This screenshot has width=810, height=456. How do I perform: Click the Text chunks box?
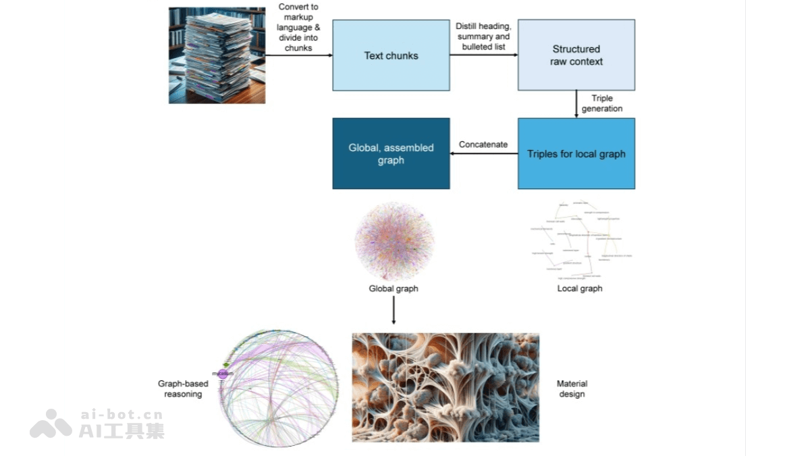tap(391, 55)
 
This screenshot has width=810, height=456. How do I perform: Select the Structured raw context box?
tap(576, 55)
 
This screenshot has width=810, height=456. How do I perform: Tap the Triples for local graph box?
tap(576, 153)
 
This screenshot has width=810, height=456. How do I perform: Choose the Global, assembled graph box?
tap(391, 153)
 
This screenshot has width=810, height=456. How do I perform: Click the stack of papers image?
tap(217, 55)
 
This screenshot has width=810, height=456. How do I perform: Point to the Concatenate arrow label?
tap(483, 145)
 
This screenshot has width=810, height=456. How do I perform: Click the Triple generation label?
tap(601, 103)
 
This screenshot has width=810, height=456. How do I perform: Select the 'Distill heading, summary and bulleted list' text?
tap(483, 36)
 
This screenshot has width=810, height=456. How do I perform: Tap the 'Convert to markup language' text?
tap(298, 27)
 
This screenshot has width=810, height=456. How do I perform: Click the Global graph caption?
tap(394, 288)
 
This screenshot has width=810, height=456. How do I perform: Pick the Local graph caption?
tap(579, 288)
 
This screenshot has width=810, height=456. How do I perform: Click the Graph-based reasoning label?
tap(183, 388)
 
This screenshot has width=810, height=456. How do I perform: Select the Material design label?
tap(572, 388)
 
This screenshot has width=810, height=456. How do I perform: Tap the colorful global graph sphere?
tap(394, 241)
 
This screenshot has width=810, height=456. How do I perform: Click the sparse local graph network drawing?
tap(579, 240)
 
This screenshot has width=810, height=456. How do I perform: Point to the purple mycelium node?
tap(223, 374)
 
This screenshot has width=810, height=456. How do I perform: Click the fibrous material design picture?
tap(446, 387)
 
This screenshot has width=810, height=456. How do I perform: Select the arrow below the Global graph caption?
tap(394, 311)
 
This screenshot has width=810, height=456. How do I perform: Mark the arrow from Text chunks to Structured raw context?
tap(483, 55)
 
